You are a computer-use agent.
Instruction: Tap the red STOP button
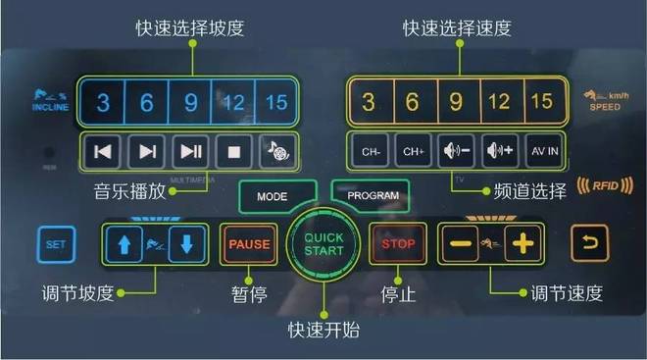[398, 243]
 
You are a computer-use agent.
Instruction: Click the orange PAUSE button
[249, 243]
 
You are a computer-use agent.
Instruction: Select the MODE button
[272, 196]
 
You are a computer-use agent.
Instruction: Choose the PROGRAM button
[373, 195]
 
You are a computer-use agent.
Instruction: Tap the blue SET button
[55, 244]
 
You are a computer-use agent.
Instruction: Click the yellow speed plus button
[523, 243]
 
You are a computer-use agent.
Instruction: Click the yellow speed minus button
[459, 243]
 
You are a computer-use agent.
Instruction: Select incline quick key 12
[233, 102]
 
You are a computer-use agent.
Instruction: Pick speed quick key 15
[540, 102]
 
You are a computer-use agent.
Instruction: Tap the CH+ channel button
[413, 152]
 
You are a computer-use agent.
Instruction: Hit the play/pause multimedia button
[190, 151]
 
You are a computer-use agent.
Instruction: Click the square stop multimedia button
[233, 151]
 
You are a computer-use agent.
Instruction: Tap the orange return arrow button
[589, 243]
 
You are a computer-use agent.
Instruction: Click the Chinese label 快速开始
[323, 330]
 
